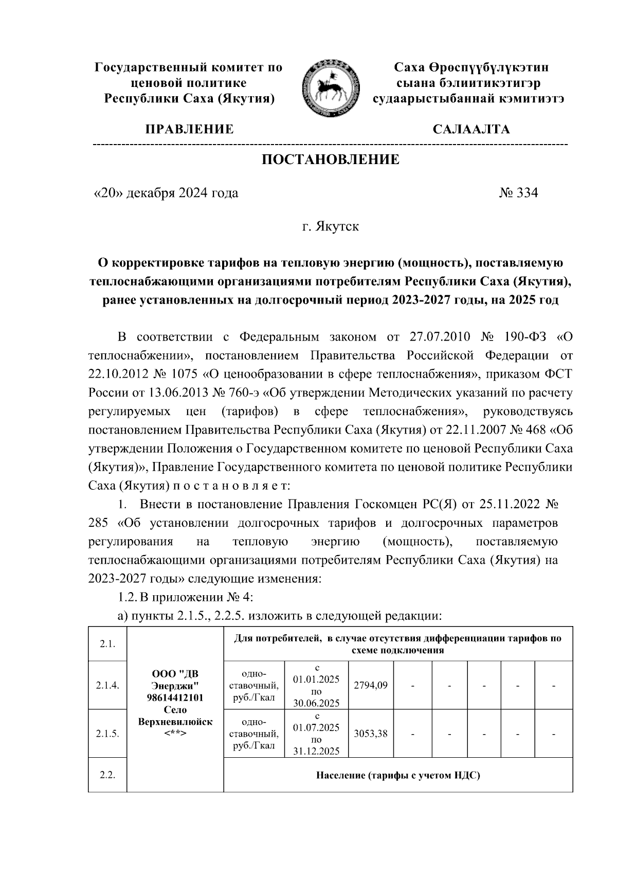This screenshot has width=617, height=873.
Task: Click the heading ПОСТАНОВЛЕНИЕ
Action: coord(331,159)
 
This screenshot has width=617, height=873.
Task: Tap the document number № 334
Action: coord(518,193)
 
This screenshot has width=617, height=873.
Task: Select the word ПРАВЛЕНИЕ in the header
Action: coord(190,129)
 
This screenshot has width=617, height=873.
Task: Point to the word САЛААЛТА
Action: coord(471,129)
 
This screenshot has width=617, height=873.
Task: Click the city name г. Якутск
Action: coord(330,226)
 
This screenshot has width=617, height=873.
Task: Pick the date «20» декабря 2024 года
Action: coord(165,193)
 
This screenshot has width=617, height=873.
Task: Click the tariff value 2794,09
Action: coord(371,685)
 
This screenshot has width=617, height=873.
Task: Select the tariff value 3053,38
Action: coord(371,734)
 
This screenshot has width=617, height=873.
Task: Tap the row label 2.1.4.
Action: coord(107,685)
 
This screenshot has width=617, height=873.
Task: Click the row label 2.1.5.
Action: coord(107,734)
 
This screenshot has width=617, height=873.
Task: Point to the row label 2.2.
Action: coord(107,775)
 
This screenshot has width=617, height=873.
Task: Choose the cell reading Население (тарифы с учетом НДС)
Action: coord(398,775)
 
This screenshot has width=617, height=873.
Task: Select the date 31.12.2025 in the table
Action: coord(316,752)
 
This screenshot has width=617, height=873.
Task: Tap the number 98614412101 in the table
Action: coord(175,698)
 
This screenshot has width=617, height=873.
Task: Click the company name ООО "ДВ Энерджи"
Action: coord(175,680)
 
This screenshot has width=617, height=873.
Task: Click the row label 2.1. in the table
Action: coord(107,644)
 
